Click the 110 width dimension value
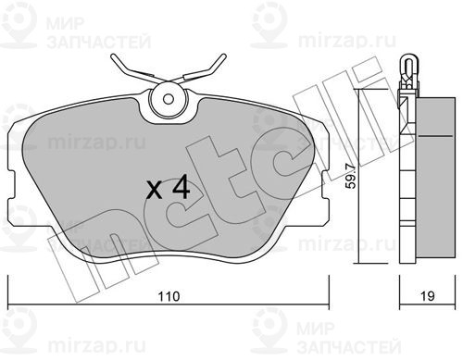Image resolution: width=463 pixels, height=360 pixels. (x=169, y=296)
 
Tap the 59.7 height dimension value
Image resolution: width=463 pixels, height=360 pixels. (x=351, y=177)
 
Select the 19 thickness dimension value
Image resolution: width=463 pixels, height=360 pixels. (x=428, y=296)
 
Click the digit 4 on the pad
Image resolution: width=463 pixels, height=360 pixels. (x=181, y=186)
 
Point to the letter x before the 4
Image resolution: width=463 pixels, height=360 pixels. (x=154, y=190)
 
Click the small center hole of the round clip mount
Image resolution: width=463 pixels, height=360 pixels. (x=169, y=99)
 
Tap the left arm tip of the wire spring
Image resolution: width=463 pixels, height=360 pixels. (x=113, y=56)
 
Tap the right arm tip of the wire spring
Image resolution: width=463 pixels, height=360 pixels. (x=224, y=56)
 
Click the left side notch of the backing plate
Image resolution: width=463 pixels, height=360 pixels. (x=12, y=185)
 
